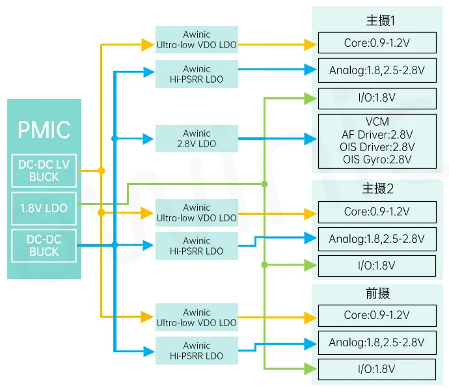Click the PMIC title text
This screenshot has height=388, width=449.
[44, 129]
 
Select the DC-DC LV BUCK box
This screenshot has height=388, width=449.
[44, 171]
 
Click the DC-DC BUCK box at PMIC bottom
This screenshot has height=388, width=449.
[44, 245]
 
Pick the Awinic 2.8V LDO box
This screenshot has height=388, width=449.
[197, 139]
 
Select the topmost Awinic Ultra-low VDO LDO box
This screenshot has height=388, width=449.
[197, 40]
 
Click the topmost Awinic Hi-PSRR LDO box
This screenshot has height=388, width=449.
[197, 74]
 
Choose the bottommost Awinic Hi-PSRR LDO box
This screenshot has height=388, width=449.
[197, 351]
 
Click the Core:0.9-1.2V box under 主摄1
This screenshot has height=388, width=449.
[377, 43]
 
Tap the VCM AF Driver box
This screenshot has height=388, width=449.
[377, 141]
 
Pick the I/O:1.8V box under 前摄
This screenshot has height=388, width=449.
[377, 369]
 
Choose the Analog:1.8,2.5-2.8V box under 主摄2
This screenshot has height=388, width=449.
[377, 239]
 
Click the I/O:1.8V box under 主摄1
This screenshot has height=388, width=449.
[377, 98]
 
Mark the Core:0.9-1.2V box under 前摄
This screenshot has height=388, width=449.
[377, 315]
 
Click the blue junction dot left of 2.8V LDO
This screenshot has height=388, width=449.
[115, 139]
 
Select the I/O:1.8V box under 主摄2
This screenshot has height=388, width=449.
[377, 266]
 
